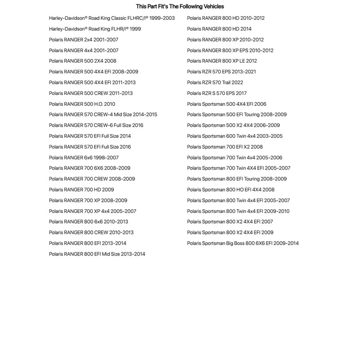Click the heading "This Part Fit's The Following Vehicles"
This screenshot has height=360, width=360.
180,6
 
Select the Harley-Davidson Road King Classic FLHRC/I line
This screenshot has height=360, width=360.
112,18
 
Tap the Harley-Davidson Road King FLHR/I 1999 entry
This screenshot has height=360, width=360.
94,29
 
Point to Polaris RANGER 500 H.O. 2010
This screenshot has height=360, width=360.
82,104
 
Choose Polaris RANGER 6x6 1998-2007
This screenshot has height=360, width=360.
84,157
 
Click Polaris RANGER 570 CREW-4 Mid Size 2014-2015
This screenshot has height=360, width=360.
103,115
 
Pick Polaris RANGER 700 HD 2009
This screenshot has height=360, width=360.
81,189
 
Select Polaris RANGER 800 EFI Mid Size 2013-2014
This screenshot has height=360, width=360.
97,254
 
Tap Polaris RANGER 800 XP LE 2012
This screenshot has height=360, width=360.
222,61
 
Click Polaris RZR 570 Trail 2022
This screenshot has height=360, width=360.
215,82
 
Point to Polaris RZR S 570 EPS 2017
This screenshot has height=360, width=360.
217,93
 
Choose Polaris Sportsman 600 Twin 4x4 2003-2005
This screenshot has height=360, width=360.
235,136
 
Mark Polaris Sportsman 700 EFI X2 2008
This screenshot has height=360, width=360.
225,147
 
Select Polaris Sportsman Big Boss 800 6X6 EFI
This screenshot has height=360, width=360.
243,243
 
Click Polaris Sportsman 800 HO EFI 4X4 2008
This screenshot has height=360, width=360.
231,189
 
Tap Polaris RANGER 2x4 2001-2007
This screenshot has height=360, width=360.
84,40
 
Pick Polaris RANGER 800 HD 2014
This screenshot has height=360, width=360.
219,29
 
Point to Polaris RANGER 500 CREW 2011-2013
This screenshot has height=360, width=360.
91,93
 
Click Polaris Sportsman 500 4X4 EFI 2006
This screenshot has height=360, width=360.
227,104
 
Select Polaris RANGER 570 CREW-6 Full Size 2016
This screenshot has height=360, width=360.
96,125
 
